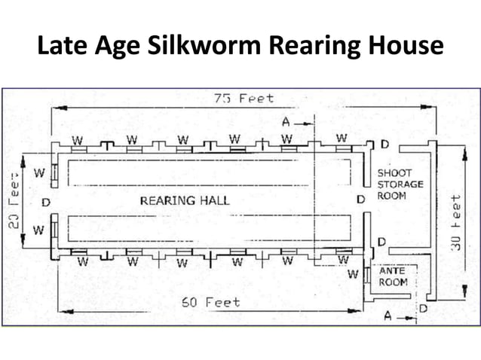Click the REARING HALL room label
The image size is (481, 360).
pyautogui.click(x=184, y=200)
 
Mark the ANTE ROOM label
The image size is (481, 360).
pyautogui.click(x=393, y=276)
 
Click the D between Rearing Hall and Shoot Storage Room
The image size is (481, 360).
pyautogui.click(x=360, y=200)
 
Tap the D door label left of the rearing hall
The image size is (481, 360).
pyautogui.click(x=46, y=203)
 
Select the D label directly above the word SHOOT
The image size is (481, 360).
pyautogui.click(x=384, y=144)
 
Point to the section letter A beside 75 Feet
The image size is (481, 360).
pyautogui.click(x=286, y=121)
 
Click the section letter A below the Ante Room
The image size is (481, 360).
pyautogui.click(x=388, y=317)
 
